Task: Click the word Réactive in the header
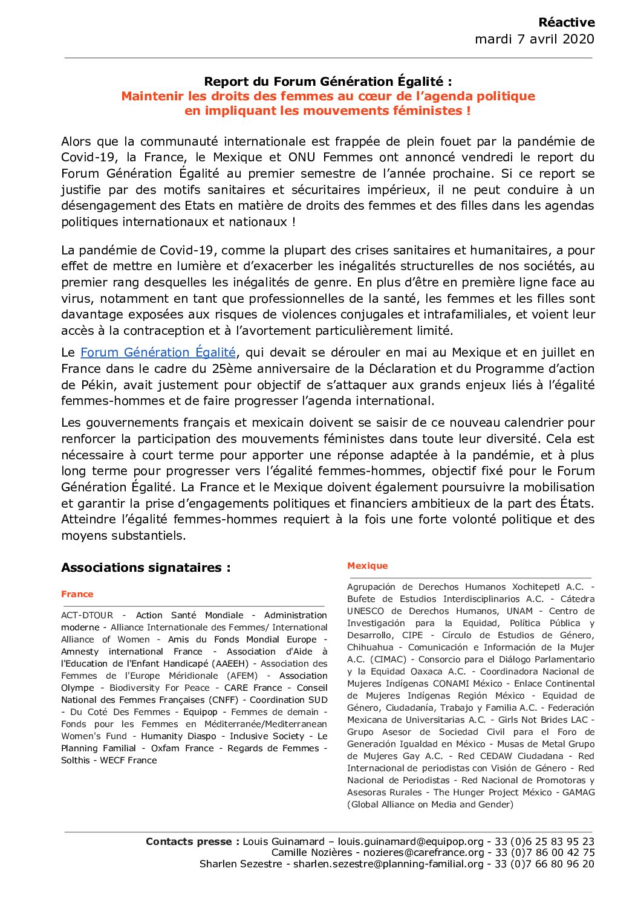(x=566, y=22)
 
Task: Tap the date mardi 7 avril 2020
(x=535, y=39)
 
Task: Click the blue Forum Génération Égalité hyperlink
(x=158, y=352)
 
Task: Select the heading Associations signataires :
(x=146, y=568)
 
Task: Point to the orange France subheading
(x=77, y=594)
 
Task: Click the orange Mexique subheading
(x=367, y=566)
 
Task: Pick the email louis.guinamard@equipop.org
(x=411, y=841)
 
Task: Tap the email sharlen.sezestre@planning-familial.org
(x=388, y=864)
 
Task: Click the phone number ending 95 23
(x=544, y=841)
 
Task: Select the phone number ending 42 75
(x=545, y=852)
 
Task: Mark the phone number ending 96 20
(x=544, y=864)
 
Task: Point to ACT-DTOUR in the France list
(x=87, y=615)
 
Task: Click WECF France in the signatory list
(x=128, y=760)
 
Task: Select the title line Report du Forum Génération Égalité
(x=328, y=82)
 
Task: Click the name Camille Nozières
(x=311, y=852)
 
